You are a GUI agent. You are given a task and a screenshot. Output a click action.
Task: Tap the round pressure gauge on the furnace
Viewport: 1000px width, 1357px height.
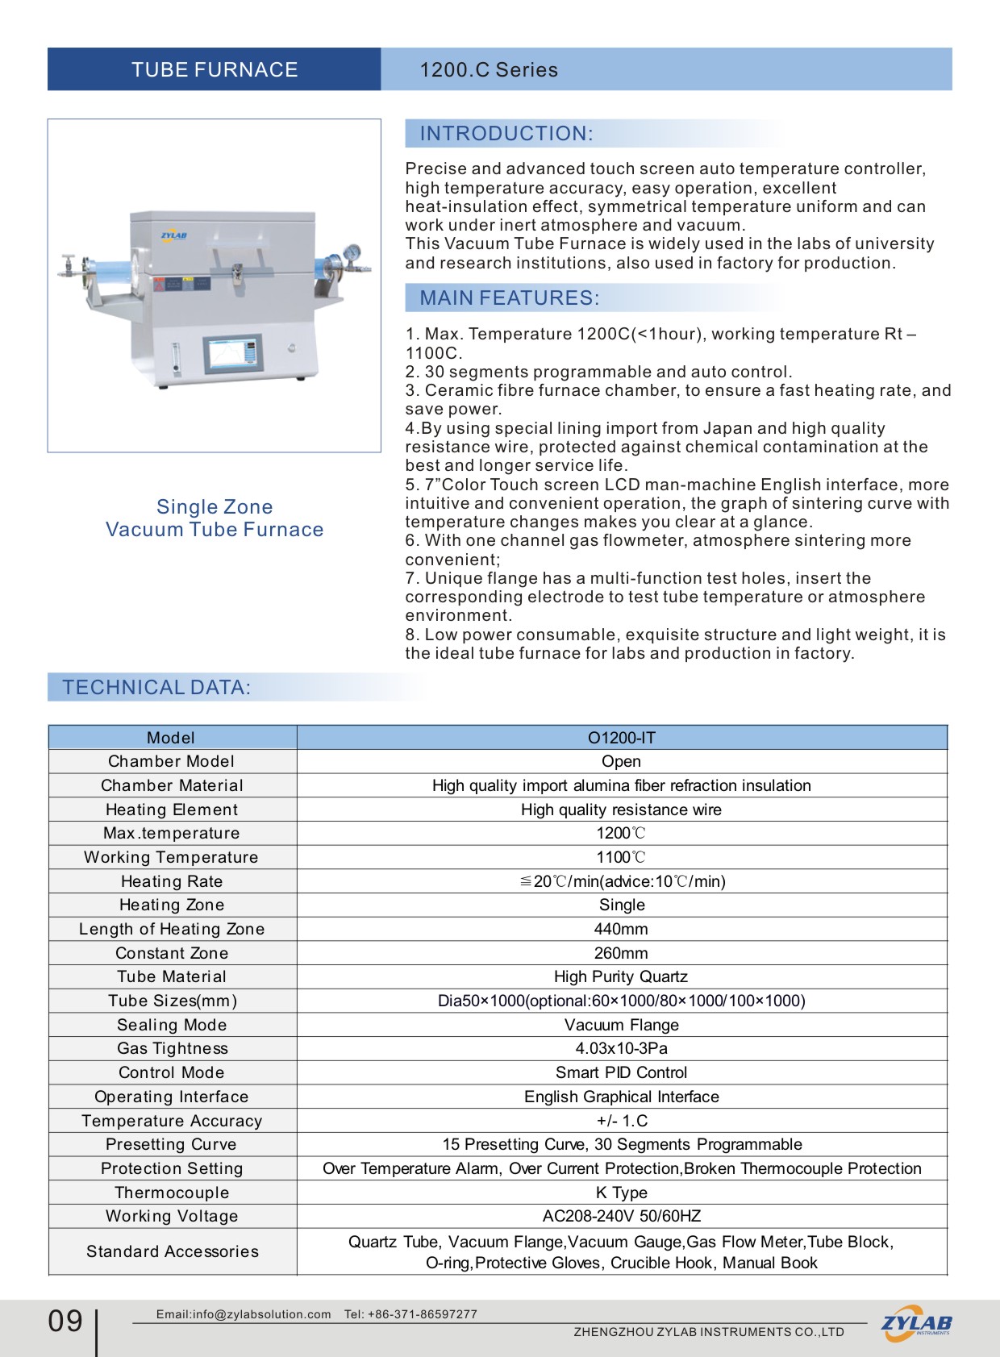point(352,253)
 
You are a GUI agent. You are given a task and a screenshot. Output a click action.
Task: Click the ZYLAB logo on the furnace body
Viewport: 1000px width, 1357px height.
point(173,236)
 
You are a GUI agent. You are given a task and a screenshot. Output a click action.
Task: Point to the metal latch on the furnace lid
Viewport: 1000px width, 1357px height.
point(237,274)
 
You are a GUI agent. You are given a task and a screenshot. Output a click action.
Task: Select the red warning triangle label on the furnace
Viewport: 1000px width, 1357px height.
point(159,284)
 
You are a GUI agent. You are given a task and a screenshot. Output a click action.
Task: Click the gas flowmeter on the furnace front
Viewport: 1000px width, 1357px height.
point(176,359)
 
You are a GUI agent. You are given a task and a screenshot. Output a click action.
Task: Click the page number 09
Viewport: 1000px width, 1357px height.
point(65,1321)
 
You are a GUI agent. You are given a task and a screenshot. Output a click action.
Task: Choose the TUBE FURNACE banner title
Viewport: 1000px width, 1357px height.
point(215,69)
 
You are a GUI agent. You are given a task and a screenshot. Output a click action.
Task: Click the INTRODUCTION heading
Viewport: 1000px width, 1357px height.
point(506,134)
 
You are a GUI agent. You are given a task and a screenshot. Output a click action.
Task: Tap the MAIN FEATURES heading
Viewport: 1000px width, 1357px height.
point(510,298)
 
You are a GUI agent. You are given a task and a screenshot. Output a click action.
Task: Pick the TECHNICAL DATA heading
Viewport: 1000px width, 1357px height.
point(157,688)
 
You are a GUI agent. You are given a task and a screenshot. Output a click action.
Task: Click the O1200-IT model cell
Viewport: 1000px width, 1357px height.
point(621,738)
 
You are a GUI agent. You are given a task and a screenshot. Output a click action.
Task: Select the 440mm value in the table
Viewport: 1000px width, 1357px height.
point(621,929)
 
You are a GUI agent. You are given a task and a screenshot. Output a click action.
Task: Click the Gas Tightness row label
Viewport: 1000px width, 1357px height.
point(173,1048)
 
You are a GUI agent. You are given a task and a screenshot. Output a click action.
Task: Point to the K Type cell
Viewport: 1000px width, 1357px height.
point(621,1193)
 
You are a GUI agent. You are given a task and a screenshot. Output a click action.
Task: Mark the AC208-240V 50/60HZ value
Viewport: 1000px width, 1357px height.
point(621,1216)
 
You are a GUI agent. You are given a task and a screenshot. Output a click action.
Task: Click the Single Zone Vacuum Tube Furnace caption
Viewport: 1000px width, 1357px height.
point(215,518)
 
